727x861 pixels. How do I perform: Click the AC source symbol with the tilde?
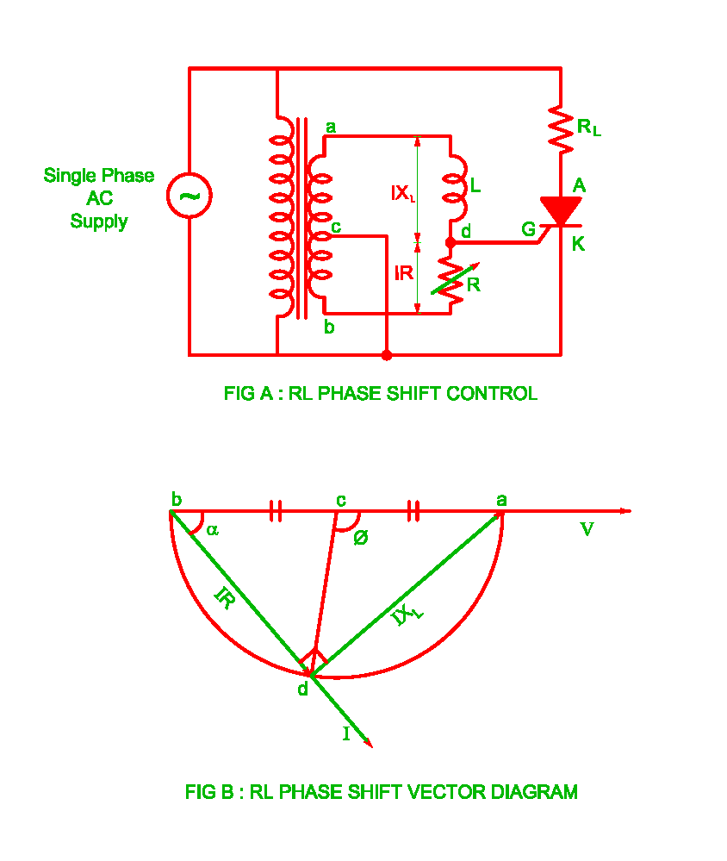pyautogui.click(x=190, y=196)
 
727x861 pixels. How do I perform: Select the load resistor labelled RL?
pyautogui.click(x=561, y=128)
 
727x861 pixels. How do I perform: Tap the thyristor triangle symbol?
pyautogui.click(x=561, y=209)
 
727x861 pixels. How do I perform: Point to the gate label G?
pyautogui.click(x=528, y=228)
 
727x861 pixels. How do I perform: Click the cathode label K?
pyautogui.click(x=578, y=245)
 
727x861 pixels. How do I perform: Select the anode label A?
pyautogui.click(x=579, y=184)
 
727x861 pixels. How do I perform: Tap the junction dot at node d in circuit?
pyautogui.click(x=450, y=244)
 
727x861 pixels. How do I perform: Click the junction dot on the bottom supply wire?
pyautogui.click(x=387, y=355)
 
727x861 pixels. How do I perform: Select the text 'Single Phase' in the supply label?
pyautogui.click(x=99, y=176)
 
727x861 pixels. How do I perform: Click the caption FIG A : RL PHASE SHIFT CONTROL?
pyautogui.click(x=380, y=394)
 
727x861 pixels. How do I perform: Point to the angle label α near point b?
pyautogui.click(x=212, y=530)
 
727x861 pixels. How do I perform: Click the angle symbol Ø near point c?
pyautogui.click(x=361, y=537)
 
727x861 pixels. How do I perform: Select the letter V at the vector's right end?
pyautogui.click(x=587, y=530)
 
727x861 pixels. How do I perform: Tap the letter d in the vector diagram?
pyautogui.click(x=302, y=688)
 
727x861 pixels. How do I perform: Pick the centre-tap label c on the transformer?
pyautogui.click(x=336, y=228)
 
